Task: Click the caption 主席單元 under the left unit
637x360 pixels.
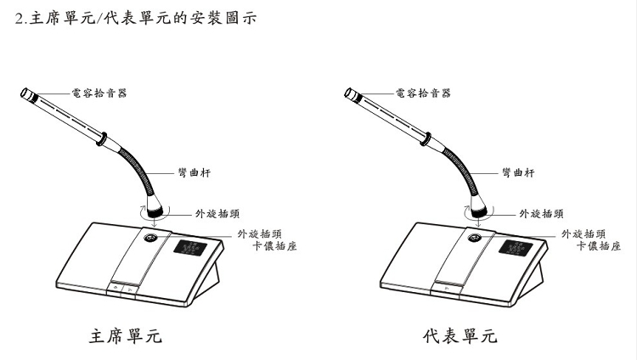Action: (x=126, y=336)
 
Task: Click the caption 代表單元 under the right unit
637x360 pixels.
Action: (x=460, y=336)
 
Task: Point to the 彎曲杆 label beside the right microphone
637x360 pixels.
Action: (x=517, y=172)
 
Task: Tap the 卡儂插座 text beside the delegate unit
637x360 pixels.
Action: (x=593, y=246)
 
